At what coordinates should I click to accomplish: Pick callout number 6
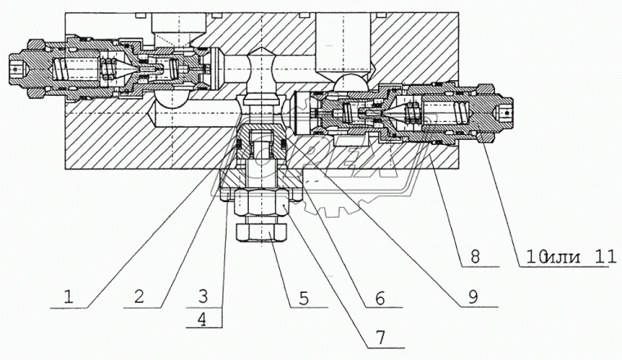377,298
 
